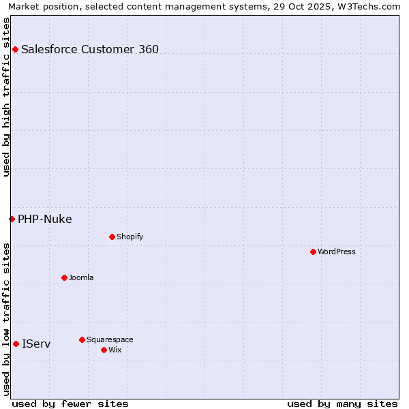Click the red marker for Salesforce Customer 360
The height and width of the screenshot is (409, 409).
tap(15, 49)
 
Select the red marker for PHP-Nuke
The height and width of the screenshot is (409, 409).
tap(12, 219)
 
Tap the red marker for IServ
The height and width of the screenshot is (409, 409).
tap(16, 344)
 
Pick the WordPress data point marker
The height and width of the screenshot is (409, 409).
tap(313, 252)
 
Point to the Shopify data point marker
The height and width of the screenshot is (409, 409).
tap(112, 237)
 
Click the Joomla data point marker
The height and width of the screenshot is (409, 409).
tap(64, 277)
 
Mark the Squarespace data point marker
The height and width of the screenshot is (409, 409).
tap(82, 339)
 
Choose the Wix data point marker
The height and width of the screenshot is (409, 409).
tap(104, 350)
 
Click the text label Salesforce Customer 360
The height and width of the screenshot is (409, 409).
tap(90, 49)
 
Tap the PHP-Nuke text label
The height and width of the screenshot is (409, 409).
tap(45, 219)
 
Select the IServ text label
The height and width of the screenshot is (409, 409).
tap(36, 344)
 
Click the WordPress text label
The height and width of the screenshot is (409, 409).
tap(337, 252)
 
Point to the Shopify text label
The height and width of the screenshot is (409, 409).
tap(130, 237)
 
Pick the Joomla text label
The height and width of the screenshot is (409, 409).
tap(81, 277)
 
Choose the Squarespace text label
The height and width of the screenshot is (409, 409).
tap(110, 339)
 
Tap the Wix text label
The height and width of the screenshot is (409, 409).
tap(115, 350)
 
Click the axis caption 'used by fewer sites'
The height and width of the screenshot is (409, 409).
tap(70, 404)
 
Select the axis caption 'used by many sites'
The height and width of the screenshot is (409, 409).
tap(342, 404)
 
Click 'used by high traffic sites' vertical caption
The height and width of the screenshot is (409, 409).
tap(6, 97)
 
